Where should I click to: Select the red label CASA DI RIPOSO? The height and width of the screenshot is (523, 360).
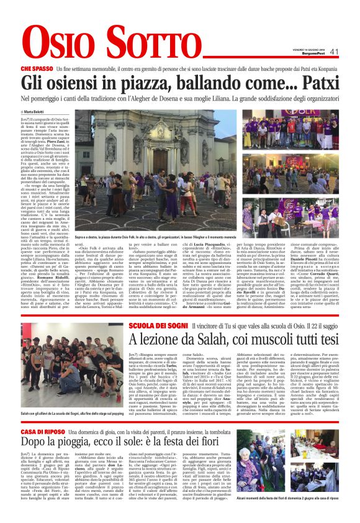pos(43,414)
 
